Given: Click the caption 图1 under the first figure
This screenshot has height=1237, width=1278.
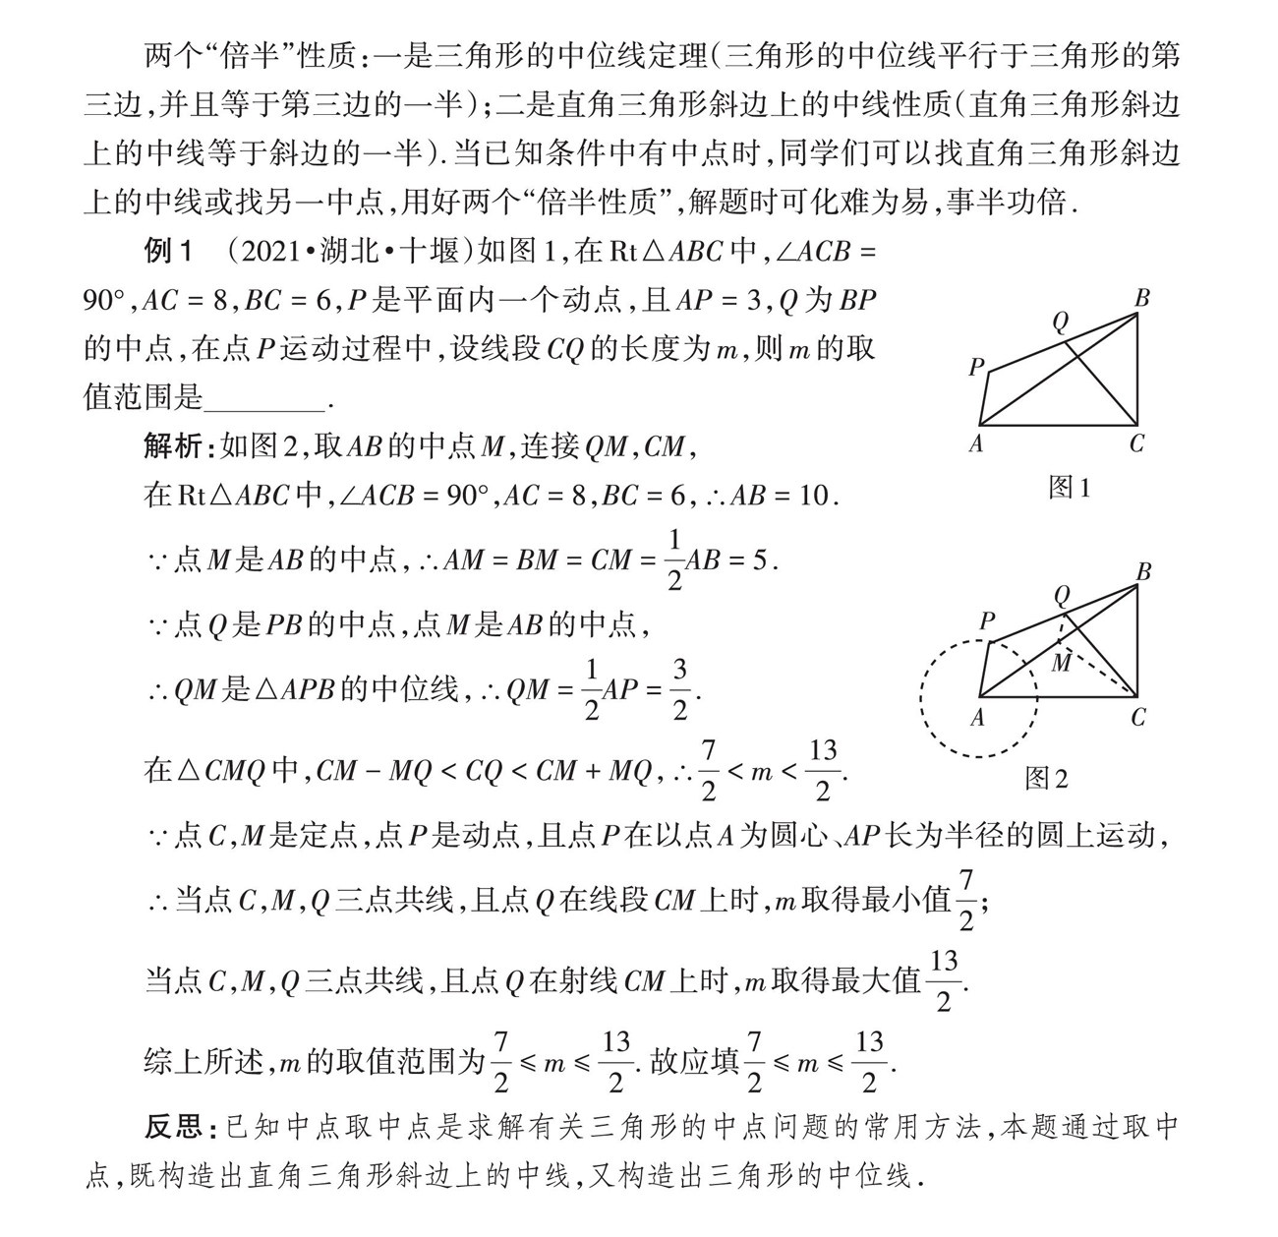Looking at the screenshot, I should pos(1070,487).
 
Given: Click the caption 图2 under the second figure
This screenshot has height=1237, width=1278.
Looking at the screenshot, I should pos(1046,779).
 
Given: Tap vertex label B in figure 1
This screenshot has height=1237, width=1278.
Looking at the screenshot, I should pos(1141,298).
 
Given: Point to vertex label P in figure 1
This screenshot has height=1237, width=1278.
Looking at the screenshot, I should pos(976,368).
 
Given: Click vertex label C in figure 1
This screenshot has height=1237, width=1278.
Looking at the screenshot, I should pos(1136,444).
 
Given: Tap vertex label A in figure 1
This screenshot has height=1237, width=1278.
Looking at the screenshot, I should pos(976,444).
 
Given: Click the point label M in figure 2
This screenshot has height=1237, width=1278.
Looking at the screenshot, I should pos(1062,664).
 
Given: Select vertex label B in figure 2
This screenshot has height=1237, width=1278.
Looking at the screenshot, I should pos(1142,571).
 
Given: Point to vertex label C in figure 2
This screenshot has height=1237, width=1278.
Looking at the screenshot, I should pos(1137,718).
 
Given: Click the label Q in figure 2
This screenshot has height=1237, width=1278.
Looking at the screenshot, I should pos(1061,596).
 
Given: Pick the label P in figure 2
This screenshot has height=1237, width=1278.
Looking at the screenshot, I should pos(987,621).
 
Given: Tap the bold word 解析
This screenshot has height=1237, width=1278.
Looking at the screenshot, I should pos(173,446).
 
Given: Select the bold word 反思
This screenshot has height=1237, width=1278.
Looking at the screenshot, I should pos(173,1128).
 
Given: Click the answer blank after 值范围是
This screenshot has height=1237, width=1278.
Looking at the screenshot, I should pos(265,398).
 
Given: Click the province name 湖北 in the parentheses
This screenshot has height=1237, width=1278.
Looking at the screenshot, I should pos(349,253).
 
